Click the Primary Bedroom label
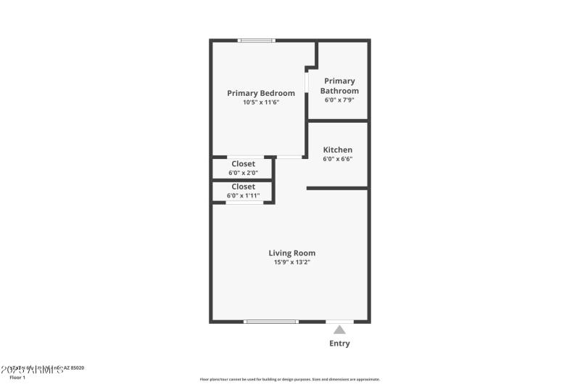click(261, 93)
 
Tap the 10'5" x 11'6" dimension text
click(261, 102)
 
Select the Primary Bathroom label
click(339, 86)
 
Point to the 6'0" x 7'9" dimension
click(339, 99)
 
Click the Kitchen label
click(338, 150)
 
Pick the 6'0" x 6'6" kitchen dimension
click(338, 159)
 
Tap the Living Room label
click(292, 253)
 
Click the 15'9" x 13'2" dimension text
click(292, 262)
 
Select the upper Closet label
click(243, 163)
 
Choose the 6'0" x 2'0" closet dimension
click(243, 173)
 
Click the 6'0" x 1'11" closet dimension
click(243, 195)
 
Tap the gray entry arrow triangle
click(339, 330)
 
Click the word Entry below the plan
click(339, 343)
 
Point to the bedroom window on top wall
click(257, 41)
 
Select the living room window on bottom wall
click(270, 321)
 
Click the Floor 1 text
click(17, 378)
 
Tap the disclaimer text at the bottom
click(289, 379)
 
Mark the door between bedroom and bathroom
click(307, 81)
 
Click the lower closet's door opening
click(244, 203)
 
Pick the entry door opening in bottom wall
click(339, 321)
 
